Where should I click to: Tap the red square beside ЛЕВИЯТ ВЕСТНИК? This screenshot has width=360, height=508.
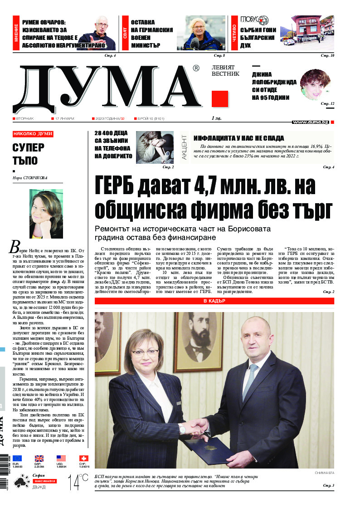[220, 98]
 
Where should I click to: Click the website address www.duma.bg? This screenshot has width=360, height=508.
[310, 122]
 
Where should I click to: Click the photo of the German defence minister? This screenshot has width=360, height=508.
[204, 33]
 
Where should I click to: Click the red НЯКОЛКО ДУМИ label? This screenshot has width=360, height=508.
[33, 134]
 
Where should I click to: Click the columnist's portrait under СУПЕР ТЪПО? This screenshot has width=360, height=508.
[46, 214]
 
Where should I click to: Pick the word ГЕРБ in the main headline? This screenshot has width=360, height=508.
[120, 187]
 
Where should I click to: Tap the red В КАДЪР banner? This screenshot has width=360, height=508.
[214, 301]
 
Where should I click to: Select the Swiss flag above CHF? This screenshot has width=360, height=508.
[83, 459]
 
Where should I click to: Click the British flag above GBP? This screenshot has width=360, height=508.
[39, 459]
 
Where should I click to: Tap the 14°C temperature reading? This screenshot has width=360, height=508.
[78, 482]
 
